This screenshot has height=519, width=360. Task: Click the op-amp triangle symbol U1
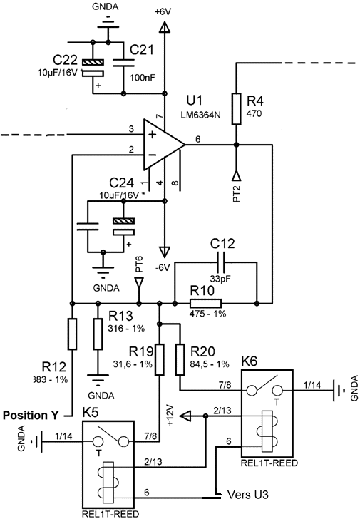(162, 145)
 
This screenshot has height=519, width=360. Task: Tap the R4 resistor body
(236, 109)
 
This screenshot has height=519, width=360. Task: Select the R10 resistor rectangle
(205, 303)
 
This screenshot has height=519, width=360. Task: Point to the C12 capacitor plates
(222, 262)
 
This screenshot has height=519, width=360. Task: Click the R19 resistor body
(160, 359)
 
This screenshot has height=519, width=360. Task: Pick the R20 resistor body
(180, 359)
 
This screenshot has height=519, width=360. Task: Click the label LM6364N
(200, 115)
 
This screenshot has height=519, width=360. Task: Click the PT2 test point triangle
(236, 175)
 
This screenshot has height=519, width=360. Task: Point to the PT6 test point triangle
(139, 283)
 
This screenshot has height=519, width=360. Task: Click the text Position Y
(31, 415)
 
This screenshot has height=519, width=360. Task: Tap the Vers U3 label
(248, 495)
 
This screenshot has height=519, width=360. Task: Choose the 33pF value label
(220, 279)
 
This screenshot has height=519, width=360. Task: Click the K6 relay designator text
(249, 361)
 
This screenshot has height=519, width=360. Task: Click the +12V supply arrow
(186, 416)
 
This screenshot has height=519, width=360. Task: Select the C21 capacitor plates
(123, 63)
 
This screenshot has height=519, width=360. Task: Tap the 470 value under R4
(254, 113)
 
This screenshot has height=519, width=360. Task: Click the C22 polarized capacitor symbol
(93, 68)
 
